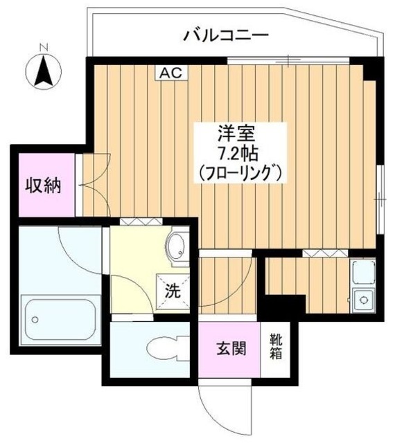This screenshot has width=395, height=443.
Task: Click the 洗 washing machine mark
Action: [171, 289]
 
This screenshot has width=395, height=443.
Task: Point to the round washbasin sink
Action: [177, 245]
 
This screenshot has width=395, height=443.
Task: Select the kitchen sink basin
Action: [361, 275]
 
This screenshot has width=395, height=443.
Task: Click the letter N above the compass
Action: [43, 46]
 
